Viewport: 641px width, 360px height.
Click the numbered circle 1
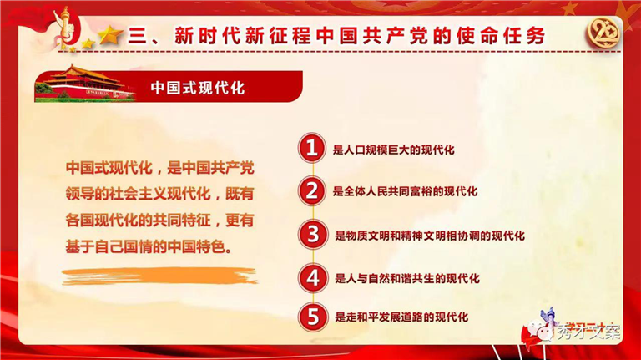click(x=312, y=148)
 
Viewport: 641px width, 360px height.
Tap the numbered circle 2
click(x=312, y=190)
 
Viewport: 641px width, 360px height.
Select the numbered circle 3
click(x=313, y=235)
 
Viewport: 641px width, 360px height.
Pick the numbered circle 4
click(x=313, y=278)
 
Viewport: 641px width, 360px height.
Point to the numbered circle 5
click(x=313, y=317)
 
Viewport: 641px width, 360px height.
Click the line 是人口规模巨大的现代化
click(x=393, y=150)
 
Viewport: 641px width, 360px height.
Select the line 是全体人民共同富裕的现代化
click(x=405, y=191)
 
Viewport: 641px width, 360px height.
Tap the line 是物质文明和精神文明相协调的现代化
click(x=430, y=236)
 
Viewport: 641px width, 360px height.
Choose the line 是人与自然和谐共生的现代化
click(x=407, y=279)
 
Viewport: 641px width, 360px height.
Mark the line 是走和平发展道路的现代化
click(x=401, y=317)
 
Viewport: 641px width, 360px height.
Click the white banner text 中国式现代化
click(x=198, y=88)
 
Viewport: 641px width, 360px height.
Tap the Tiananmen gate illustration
click(x=85, y=83)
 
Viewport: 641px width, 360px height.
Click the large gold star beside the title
click(x=110, y=35)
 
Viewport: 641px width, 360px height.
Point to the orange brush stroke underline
click(x=159, y=276)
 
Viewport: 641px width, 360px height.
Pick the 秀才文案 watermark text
click(x=588, y=332)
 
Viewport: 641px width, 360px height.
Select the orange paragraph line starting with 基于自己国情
click(x=149, y=247)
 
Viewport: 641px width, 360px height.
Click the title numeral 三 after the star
click(x=138, y=37)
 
